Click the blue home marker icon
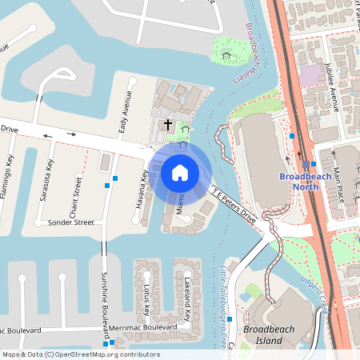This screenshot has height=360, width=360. tap(180, 172)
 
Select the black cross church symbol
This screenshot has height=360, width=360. tap(168, 124)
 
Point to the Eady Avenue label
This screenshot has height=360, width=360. tap(124, 111)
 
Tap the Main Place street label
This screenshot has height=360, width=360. tap(338, 185)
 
